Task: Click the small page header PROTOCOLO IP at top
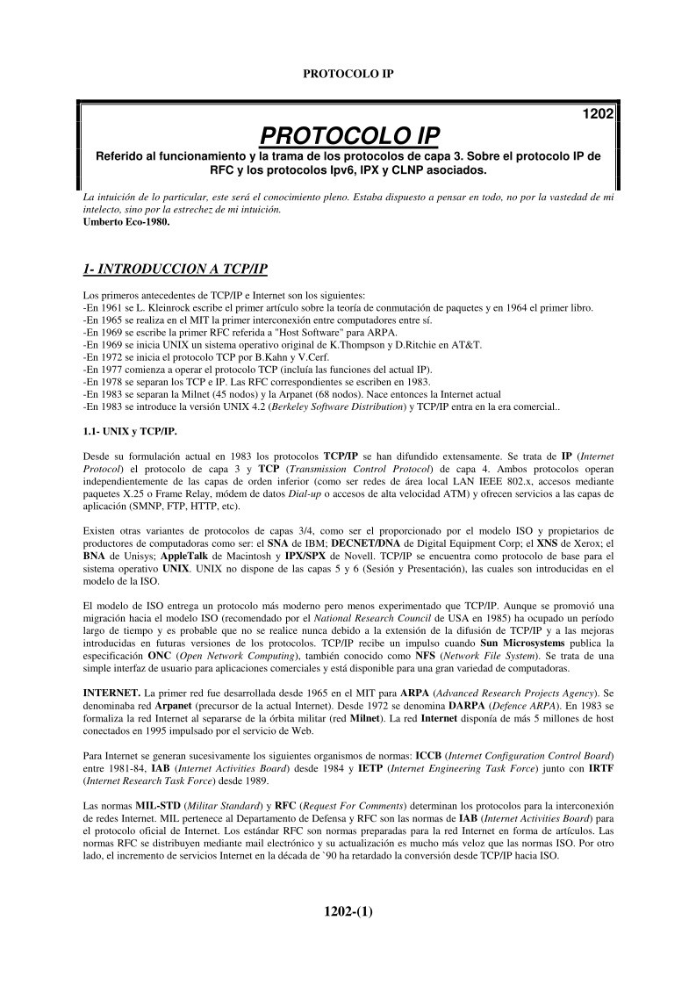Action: pos(348,74)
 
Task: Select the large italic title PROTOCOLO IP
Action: pos(349,135)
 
